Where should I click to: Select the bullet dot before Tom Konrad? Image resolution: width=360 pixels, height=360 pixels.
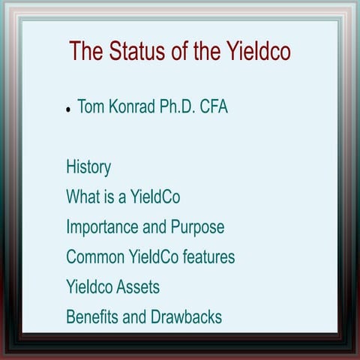coord(68,109)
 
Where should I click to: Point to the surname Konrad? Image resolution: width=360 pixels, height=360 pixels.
coord(133,107)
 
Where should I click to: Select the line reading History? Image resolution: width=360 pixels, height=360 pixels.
coord(88,166)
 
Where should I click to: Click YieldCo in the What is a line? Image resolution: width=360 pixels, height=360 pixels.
coord(154,197)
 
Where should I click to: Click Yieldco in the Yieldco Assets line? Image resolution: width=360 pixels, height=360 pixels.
coord(90,286)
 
